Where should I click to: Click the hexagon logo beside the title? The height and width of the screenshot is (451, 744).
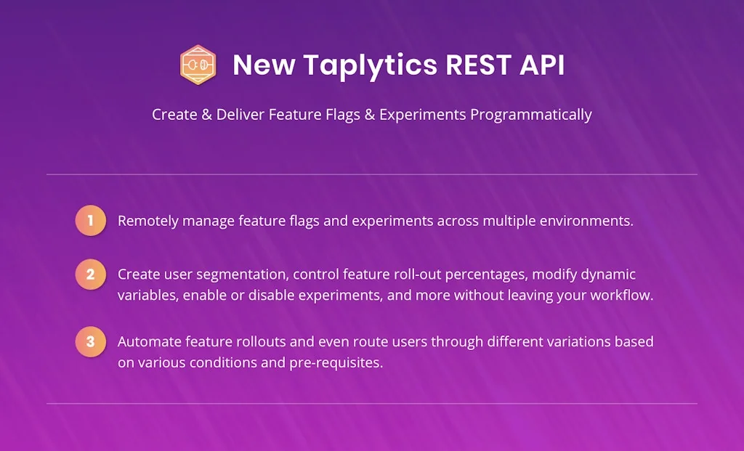(x=198, y=65)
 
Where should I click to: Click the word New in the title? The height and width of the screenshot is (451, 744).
(x=264, y=65)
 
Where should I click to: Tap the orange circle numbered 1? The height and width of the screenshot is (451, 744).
(x=90, y=220)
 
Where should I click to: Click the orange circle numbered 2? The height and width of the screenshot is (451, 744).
(x=90, y=275)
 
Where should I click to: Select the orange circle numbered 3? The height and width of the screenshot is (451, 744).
(x=90, y=341)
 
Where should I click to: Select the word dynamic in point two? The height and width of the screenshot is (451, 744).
(x=610, y=275)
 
